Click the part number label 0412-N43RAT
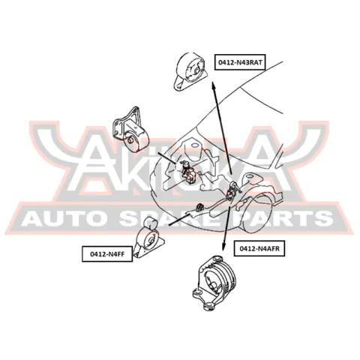pyautogui.click(x=240, y=62)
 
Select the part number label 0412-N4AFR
pyautogui.click(x=259, y=248)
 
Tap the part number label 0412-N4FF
pyautogui.click(x=107, y=254)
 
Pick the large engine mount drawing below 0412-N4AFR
pyautogui.click(x=214, y=283)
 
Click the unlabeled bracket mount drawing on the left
pyautogui.click(x=130, y=130)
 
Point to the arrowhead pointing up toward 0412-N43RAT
pyautogui.click(x=213, y=85)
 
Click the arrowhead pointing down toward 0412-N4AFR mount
pyautogui.click(x=223, y=247)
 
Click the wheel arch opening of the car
pyautogui.click(x=257, y=214)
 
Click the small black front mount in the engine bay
pyautogui.click(x=199, y=207)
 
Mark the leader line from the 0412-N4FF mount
pyautogui.click(x=179, y=219)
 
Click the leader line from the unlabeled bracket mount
pyautogui.click(x=167, y=157)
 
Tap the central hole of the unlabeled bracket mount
pyautogui.click(x=130, y=140)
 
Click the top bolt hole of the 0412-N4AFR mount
pyautogui.click(x=217, y=258)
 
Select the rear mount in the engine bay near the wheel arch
pyautogui.click(x=232, y=191)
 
